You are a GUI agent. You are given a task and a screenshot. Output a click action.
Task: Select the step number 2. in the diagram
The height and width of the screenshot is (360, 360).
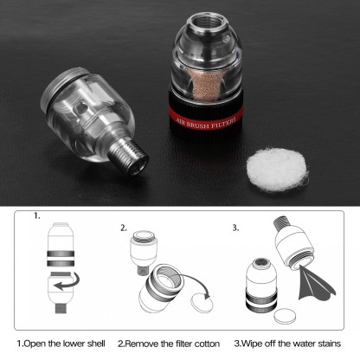click(x=123, y=229)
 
